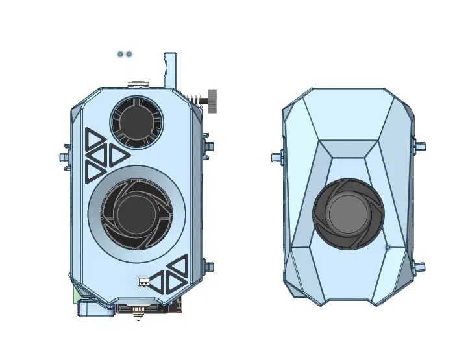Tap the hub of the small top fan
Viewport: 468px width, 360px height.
(x=136, y=121)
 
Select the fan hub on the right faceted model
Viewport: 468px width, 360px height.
(x=348, y=214)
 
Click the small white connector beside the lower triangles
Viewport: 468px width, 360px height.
(x=144, y=282)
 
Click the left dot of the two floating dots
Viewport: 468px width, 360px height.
(x=121, y=54)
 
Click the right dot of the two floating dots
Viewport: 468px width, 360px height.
(x=129, y=54)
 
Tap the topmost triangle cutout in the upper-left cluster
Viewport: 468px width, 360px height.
(x=94, y=138)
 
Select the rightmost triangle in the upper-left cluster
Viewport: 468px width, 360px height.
(x=117, y=156)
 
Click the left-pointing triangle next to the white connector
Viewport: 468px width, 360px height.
(x=157, y=281)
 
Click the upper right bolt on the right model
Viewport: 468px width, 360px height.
(x=420, y=146)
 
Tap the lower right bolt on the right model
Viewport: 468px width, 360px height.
(x=419, y=267)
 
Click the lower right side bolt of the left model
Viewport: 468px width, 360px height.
(x=207, y=266)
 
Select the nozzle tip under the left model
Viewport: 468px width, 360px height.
(x=138, y=317)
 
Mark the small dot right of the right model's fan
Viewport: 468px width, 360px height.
(x=388, y=247)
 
